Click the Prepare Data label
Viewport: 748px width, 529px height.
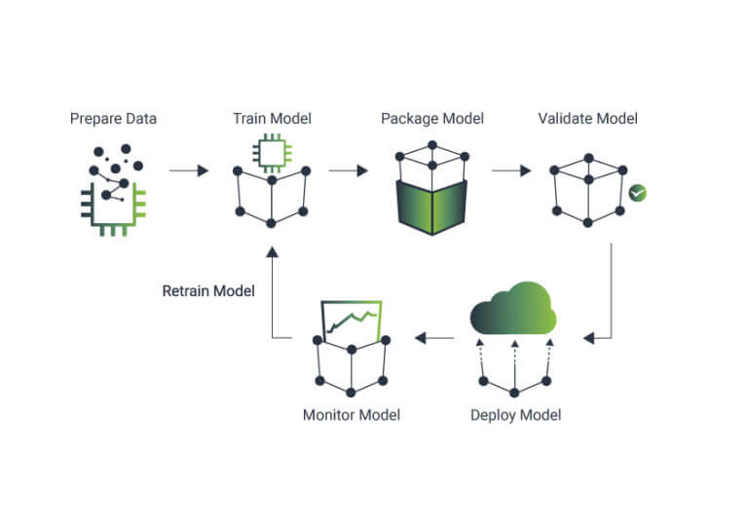click(x=113, y=119)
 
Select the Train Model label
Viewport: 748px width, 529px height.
click(x=272, y=119)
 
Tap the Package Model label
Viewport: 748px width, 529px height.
click(x=431, y=119)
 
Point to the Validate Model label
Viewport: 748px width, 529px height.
click(x=587, y=119)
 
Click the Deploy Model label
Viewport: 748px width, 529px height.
click(x=515, y=415)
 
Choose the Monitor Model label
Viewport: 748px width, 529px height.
click(x=351, y=415)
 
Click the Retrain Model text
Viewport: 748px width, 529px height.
click(x=208, y=290)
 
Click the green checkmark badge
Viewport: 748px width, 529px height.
click(x=637, y=193)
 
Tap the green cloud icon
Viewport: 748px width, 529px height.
click(x=513, y=309)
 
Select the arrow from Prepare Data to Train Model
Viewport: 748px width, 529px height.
click(x=189, y=170)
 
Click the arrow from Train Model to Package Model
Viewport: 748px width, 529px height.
click(x=348, y=170)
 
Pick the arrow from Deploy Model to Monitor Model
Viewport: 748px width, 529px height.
click(x=434, y=338)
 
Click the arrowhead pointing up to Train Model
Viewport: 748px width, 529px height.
click(x=272, y=252)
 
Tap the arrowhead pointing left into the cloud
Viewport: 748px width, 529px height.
click(x=589, y=338)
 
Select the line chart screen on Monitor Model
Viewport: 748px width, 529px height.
click(x=352, y=320)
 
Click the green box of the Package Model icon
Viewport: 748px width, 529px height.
click(x=431, y=207)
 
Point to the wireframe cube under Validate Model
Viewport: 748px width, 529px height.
click(x=587, y=189)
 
